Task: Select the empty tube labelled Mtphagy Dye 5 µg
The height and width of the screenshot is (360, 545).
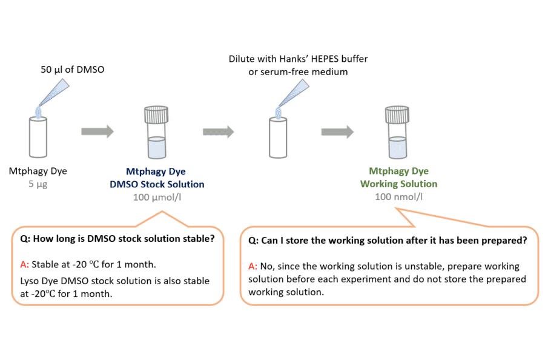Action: pyautogui.click(x=38, y=138)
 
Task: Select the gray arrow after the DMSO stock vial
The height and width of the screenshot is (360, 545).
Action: pyautogui.click(x=219, y=132)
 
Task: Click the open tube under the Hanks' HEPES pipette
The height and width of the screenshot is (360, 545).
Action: pyautogui.click(x=278, y=138)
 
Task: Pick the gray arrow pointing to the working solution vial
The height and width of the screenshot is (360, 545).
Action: pyautogui.click(x=337, y=132)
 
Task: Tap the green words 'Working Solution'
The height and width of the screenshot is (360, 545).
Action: pyautogui.click(x=398, y=184)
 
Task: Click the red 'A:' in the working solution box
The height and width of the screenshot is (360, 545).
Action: pyautogui.click(x=254, y=266)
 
